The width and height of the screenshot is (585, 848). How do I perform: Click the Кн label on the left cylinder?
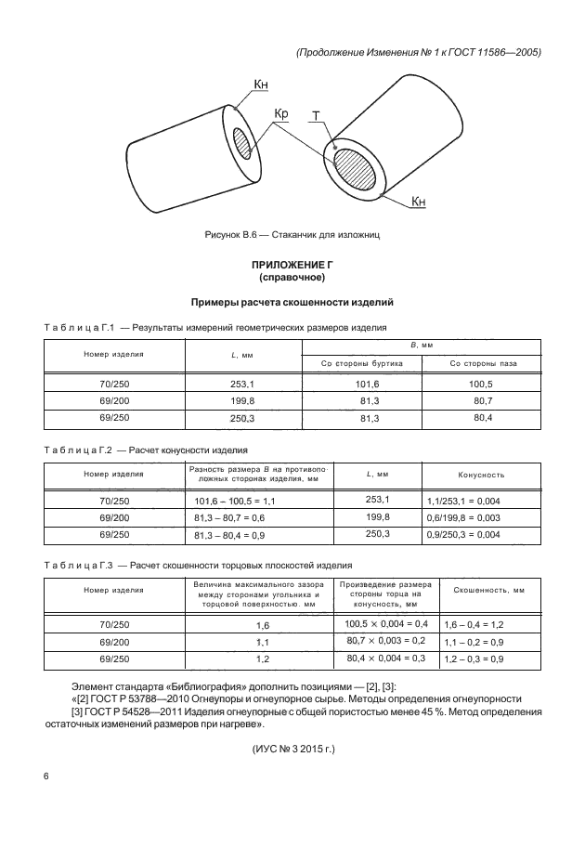tap(263, 85)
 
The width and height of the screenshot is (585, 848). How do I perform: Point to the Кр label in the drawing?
tap(281, 115)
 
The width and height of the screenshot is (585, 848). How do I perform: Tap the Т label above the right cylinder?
tap(317, 117)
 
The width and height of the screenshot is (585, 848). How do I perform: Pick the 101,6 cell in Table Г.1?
tap(362, 384)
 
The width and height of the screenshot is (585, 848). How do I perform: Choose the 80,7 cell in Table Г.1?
tap(482, 400)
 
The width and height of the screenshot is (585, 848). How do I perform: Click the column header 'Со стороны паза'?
tap(481, 363)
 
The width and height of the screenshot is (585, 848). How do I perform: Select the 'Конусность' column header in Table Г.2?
tap(481, 475)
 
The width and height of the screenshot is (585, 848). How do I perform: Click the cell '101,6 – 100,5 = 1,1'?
tap(230, 501)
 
